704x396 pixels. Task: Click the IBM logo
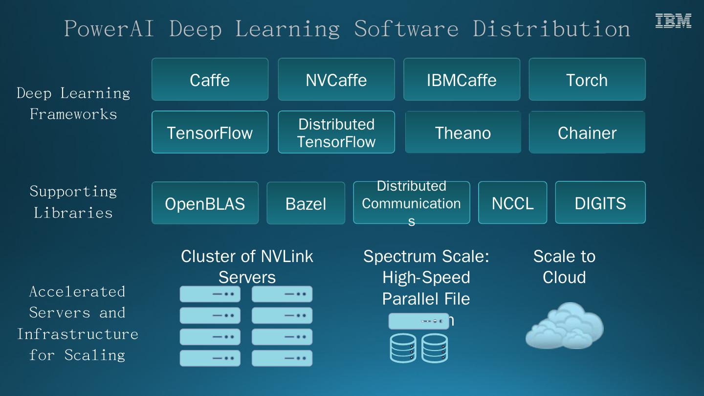(x=673, y=21)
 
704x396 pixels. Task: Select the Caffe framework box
(x=210, y=80)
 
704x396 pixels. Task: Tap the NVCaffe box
(x=336, y=80)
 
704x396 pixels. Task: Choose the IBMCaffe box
(x=462, y=80)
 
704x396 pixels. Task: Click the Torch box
(x=587, y=80)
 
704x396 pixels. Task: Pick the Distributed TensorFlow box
(x=336, y=132)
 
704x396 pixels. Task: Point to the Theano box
(x=462, y=132)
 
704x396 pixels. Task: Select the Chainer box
(x=587, y=132)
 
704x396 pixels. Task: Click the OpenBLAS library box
(x=205, y=203)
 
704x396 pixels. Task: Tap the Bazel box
(x=306, y=203)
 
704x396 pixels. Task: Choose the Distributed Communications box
(x=411, y=203)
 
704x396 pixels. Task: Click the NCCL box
(x=512, y=203)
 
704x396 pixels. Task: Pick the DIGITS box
(x=600, y=203)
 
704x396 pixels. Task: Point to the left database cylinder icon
(x=403, y=348)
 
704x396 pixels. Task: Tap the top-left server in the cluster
(x=210, y=294)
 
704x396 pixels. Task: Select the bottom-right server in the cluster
(x=282, y=358)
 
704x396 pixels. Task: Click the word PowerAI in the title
(x=109, y=28)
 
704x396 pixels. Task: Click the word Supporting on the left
(x=73, y=191)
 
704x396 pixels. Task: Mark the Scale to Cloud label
(x=564, y=266)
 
